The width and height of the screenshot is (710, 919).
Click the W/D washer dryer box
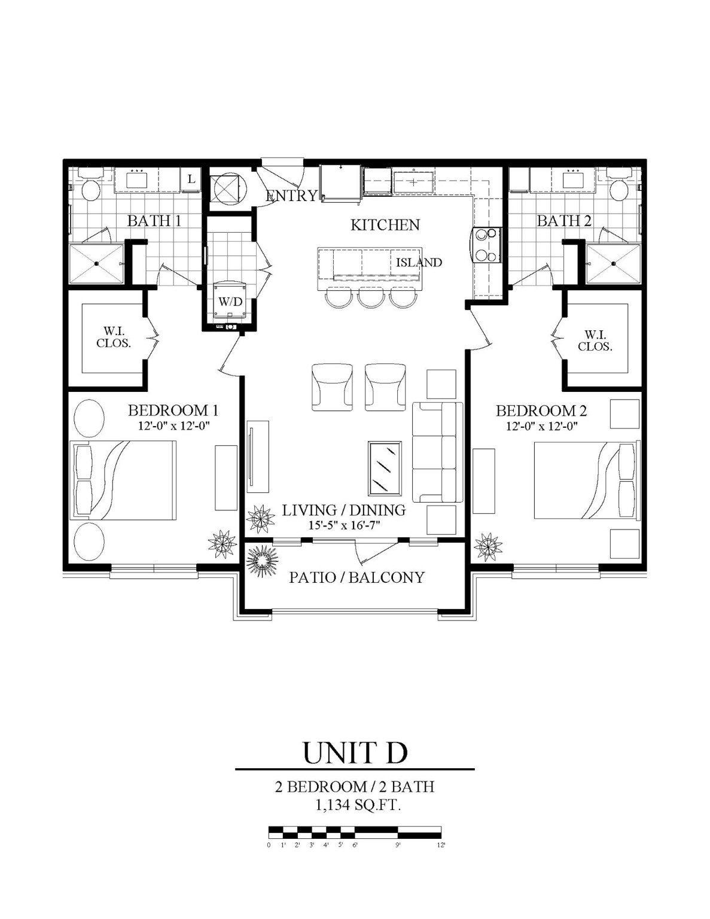[230, 301]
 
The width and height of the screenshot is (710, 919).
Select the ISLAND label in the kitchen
[419, 262]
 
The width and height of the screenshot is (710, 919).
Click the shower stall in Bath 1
[97, 264]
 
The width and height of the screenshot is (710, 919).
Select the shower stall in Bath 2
[613, 263]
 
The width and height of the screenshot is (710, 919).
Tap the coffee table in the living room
[385, 468]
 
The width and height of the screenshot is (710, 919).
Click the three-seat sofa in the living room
[438, 452]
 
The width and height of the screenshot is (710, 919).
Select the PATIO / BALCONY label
[356, 577]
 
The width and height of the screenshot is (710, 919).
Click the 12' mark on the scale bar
[441, 845]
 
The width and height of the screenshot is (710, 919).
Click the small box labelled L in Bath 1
[191, 179]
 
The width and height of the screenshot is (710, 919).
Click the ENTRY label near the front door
[291, 196]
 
